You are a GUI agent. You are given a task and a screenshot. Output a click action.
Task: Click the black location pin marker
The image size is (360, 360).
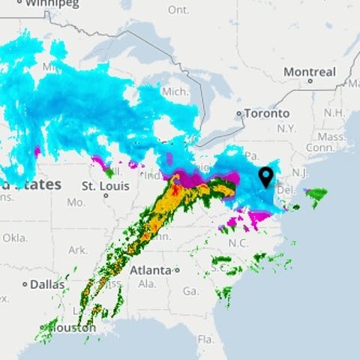click(265, 177)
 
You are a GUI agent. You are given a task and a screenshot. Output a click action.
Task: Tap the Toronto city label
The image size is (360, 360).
click(266, 114)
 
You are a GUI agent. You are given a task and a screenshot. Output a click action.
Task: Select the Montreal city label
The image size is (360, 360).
click(309, 72)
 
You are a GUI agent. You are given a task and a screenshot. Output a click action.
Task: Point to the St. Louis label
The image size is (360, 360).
click(101, 185)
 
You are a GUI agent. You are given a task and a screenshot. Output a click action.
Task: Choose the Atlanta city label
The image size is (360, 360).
click(149, 270)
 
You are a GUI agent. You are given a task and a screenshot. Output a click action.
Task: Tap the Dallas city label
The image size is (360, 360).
click(49, 284)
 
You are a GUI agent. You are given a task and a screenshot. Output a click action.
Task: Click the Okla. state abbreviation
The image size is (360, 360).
click(13, 237)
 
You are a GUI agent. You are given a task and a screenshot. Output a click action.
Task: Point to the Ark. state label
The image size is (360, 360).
click(77, 250)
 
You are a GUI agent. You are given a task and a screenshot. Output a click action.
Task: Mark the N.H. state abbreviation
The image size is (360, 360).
click(332, 112)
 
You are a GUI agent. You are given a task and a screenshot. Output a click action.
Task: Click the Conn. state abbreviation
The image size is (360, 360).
click(330, 148)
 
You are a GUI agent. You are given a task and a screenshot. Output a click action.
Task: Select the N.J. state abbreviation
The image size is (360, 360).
click(299, 172)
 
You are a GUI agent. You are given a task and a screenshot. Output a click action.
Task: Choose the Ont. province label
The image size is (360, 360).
click(178, 10)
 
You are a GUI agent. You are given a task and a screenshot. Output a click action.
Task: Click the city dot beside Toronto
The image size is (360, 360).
click(239, 114)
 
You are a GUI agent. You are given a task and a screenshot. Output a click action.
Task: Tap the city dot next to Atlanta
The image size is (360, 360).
click(177, 270)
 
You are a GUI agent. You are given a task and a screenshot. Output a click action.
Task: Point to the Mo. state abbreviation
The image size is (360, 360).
click(75, 202)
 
